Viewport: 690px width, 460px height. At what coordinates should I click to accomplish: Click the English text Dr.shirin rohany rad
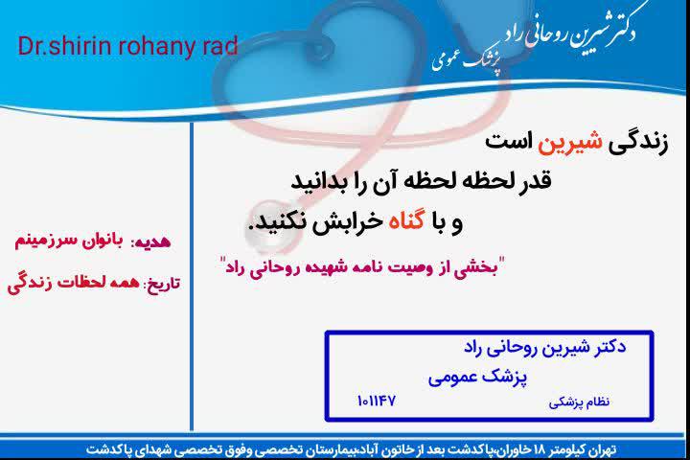(127, 47)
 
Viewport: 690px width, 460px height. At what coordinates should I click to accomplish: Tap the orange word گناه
(406, 221)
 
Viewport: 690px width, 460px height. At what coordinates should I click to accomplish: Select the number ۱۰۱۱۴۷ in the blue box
(377, 401)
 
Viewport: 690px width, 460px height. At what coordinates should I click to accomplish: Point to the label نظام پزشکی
(579, 402)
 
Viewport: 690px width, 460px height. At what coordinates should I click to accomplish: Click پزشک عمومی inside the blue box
(477, 378)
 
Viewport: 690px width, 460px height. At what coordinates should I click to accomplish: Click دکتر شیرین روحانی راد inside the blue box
(544, 347)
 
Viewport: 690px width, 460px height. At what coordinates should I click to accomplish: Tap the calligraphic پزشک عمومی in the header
(467, 60)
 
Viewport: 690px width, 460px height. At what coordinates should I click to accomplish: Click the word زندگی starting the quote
(638, 143)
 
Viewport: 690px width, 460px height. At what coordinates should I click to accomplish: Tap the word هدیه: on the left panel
(150, 241)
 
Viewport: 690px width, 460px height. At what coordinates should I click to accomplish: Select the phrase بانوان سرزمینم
(69, 241)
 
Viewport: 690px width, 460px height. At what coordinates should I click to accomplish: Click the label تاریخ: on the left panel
(162, 283)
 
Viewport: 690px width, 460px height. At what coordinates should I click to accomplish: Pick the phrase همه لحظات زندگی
(74, 283)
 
